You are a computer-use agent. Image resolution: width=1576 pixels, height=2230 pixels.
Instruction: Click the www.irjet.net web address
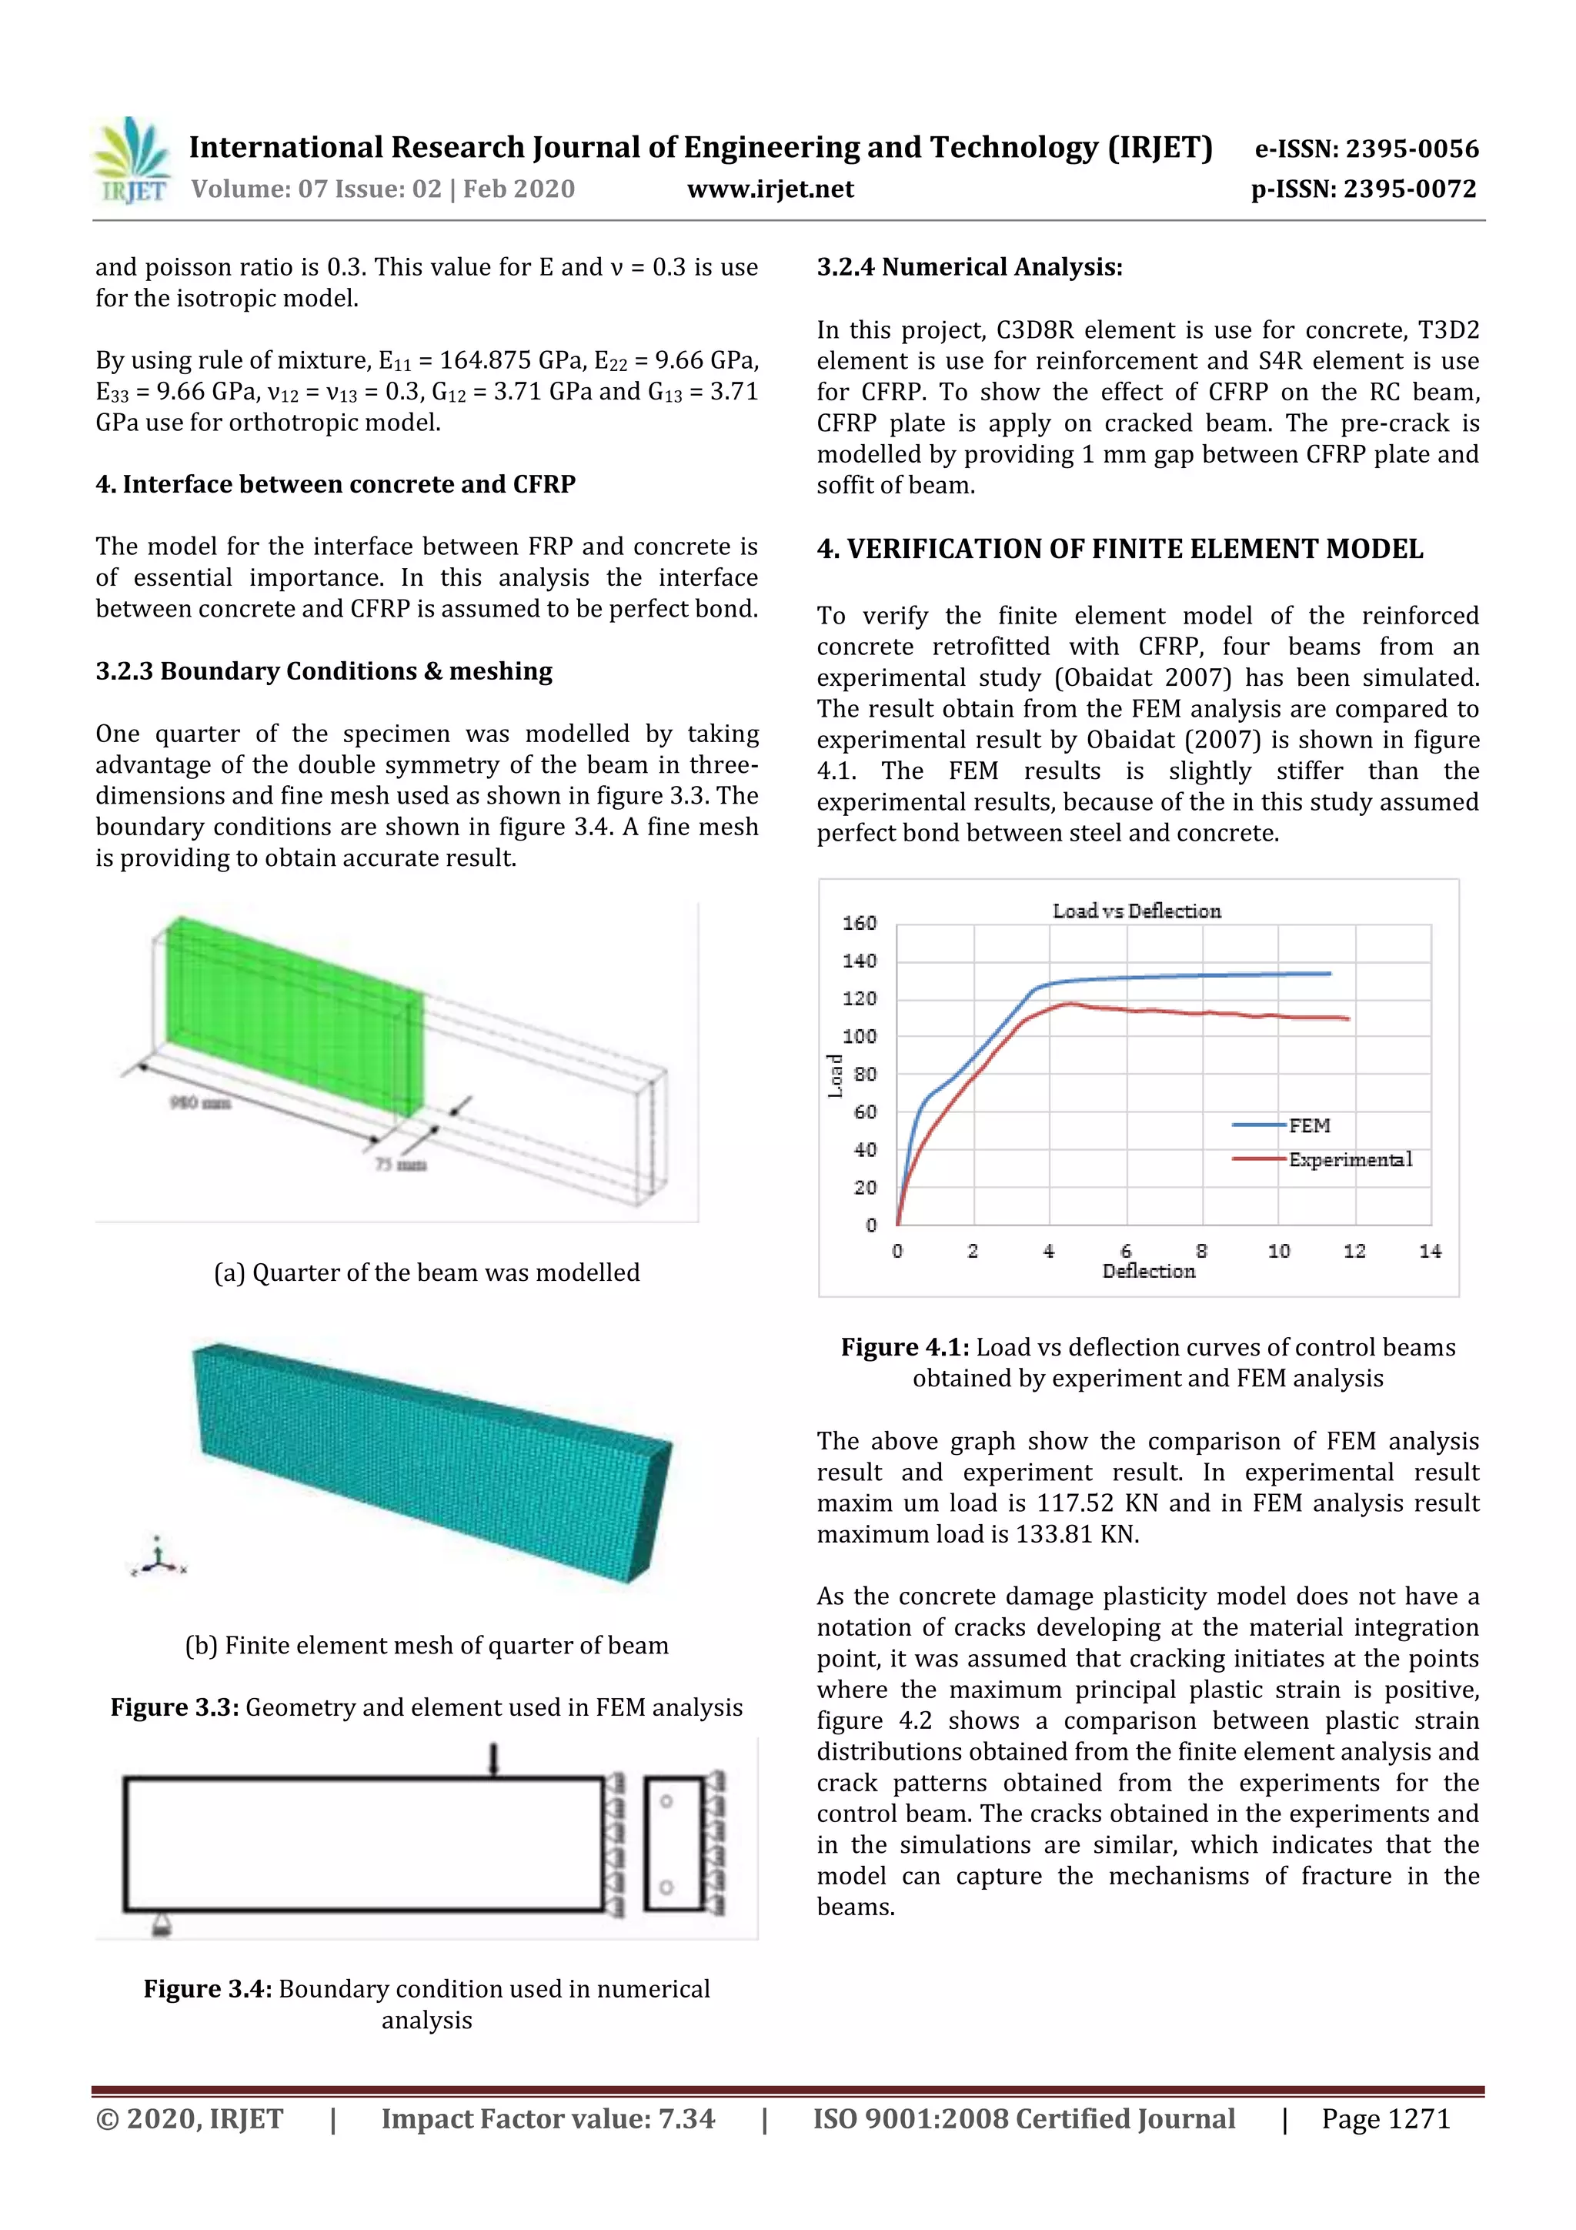pos(770,189)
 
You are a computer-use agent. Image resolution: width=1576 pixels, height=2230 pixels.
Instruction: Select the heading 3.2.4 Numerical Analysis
pos(969,267)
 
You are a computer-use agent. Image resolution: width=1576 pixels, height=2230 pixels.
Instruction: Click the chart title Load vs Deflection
pos(1136,911)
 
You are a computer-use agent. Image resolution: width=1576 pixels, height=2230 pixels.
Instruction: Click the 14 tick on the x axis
pos(1429,1251)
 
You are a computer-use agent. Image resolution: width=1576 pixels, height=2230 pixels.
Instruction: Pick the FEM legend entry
pos(1308,1125)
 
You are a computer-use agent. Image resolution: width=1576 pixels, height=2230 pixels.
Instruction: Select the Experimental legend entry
pos(1350,1160)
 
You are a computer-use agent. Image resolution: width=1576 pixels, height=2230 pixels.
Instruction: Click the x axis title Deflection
pos(1148,1272)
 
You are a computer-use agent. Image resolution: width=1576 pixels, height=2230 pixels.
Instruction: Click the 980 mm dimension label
pos(200,1102)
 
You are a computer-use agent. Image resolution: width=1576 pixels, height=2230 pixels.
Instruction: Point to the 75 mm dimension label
pos(400,1165)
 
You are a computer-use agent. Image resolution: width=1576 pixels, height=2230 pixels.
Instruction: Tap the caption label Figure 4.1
pos(904,1347)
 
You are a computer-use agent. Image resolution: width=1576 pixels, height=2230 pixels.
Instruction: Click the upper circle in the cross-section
pos(666,1802)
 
